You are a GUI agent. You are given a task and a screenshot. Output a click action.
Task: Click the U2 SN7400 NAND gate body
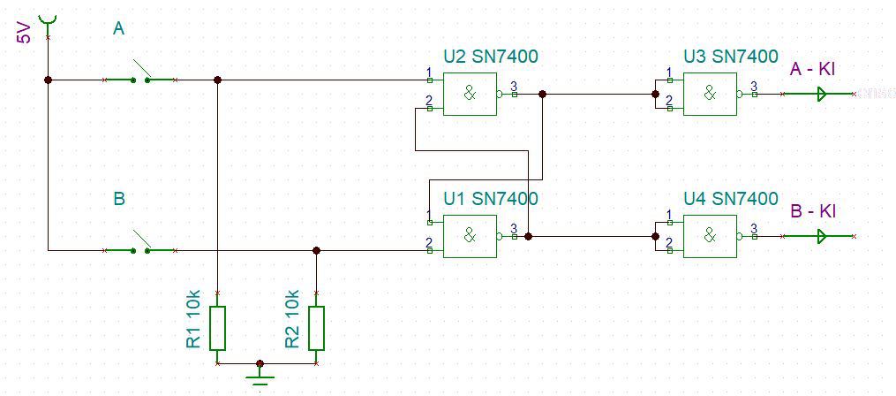point(469,94)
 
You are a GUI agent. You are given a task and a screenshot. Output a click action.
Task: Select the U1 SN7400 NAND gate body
point(469,236)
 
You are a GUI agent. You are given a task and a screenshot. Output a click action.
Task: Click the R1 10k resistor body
point(218,327)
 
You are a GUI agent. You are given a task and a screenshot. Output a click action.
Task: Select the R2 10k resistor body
point(316,327)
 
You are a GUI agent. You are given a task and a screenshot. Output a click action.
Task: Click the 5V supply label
point(25,34)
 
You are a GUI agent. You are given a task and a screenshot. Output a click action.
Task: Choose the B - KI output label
point(812,212)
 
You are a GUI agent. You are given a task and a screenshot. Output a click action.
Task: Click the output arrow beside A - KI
point(824,94)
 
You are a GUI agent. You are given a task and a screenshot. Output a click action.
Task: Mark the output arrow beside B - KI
point(824,236)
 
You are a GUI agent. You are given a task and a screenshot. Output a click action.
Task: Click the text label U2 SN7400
point(490,57)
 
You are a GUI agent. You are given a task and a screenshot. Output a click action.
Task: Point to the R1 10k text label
point(193,319)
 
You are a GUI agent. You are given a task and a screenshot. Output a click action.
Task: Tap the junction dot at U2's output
point(542,94)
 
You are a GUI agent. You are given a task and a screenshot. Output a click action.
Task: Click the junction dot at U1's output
point(528,236)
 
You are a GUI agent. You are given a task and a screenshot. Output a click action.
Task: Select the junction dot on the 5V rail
point(48,80)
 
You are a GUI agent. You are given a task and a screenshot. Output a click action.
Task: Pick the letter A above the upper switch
point(119,29)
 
